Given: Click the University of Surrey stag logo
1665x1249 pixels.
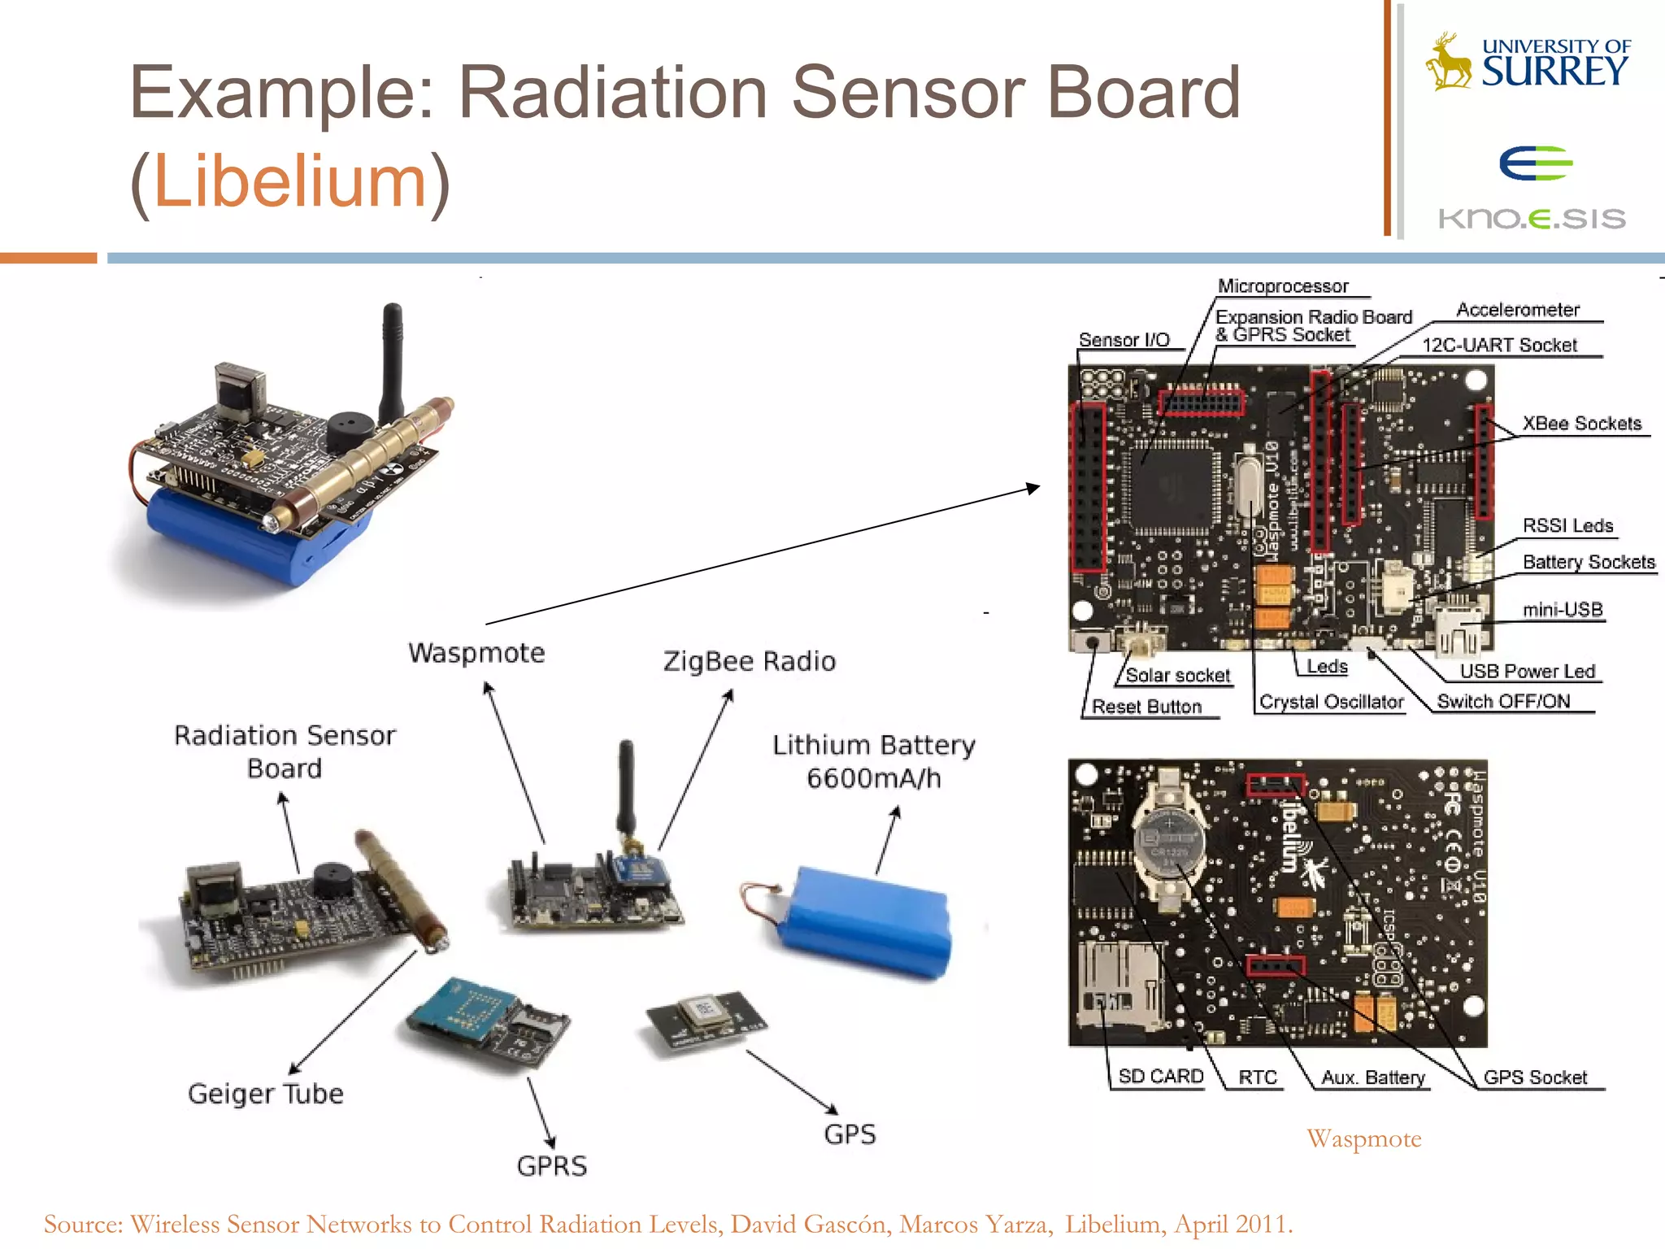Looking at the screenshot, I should (x=1449, y=62).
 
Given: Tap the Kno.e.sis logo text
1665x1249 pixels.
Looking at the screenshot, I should (x=1532, y=219).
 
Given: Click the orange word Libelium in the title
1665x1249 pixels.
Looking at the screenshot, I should (x=290, y=181).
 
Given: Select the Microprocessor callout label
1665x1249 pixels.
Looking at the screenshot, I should (x=1283, y=286).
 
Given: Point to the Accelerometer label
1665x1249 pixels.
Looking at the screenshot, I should (x=1517, y=310).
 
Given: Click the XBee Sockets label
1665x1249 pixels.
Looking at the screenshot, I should (x=1581, y=424).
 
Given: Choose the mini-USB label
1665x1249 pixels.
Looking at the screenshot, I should (x=1562, y=610).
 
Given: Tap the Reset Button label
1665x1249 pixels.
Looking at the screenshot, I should (x=1146, y=707).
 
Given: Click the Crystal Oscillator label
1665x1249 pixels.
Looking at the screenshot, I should (x=1331, y=702).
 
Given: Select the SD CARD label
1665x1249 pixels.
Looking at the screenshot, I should (x=1160, y=1077).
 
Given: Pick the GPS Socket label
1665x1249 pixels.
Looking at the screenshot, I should (x=1535, y=1077).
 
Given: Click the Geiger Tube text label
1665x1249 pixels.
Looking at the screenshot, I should (x=266, y=1094).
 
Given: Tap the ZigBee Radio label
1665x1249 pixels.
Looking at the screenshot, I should (x=749, y=661).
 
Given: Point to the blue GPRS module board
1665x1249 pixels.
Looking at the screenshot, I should (x=463, y=1012).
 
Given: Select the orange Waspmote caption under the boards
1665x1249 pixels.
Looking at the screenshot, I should (x=1363, y=1138).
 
